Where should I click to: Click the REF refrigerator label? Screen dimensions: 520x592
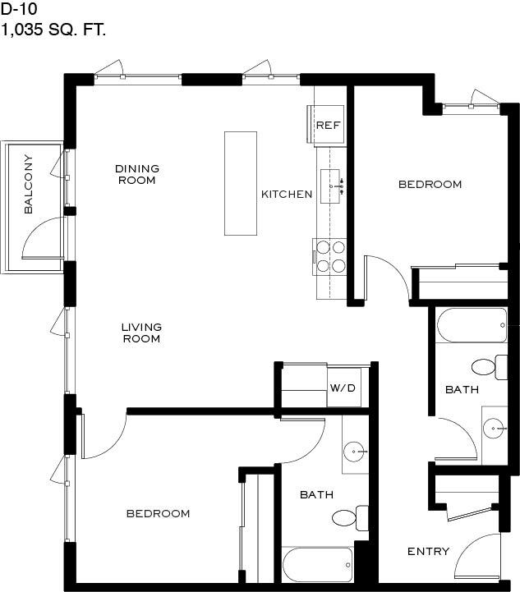pos(328,125)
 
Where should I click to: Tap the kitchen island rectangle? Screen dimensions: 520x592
pos(241,183)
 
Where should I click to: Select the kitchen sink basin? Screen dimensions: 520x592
pos(330,186)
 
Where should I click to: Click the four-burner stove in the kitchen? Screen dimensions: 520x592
pos(329,257)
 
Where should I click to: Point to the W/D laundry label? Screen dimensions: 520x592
pos(343,388)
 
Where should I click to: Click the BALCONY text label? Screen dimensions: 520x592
pos(28,184)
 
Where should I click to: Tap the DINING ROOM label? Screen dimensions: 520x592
pos(137,174)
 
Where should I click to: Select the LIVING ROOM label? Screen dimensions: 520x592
pos(141,333)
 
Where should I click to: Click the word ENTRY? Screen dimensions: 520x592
pos(428,551)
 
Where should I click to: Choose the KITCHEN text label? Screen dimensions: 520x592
pos(287,194)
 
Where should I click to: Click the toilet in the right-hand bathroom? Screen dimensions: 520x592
pos(490,367)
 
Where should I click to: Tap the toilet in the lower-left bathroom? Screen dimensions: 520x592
pos(350,517)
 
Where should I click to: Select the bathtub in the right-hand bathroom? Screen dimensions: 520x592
pos(472,325)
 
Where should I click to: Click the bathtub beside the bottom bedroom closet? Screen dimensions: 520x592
pos(318,564)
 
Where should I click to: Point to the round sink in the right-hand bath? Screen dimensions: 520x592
pos(494,429)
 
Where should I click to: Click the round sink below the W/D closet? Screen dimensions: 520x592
pos(354,451)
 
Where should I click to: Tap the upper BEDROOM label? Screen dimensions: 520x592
pos(430,184)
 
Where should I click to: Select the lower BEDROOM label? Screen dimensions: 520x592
pos(159,513)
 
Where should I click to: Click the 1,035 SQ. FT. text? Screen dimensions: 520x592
pos(53,30)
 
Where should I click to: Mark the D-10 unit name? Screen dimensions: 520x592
pos(19,9)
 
